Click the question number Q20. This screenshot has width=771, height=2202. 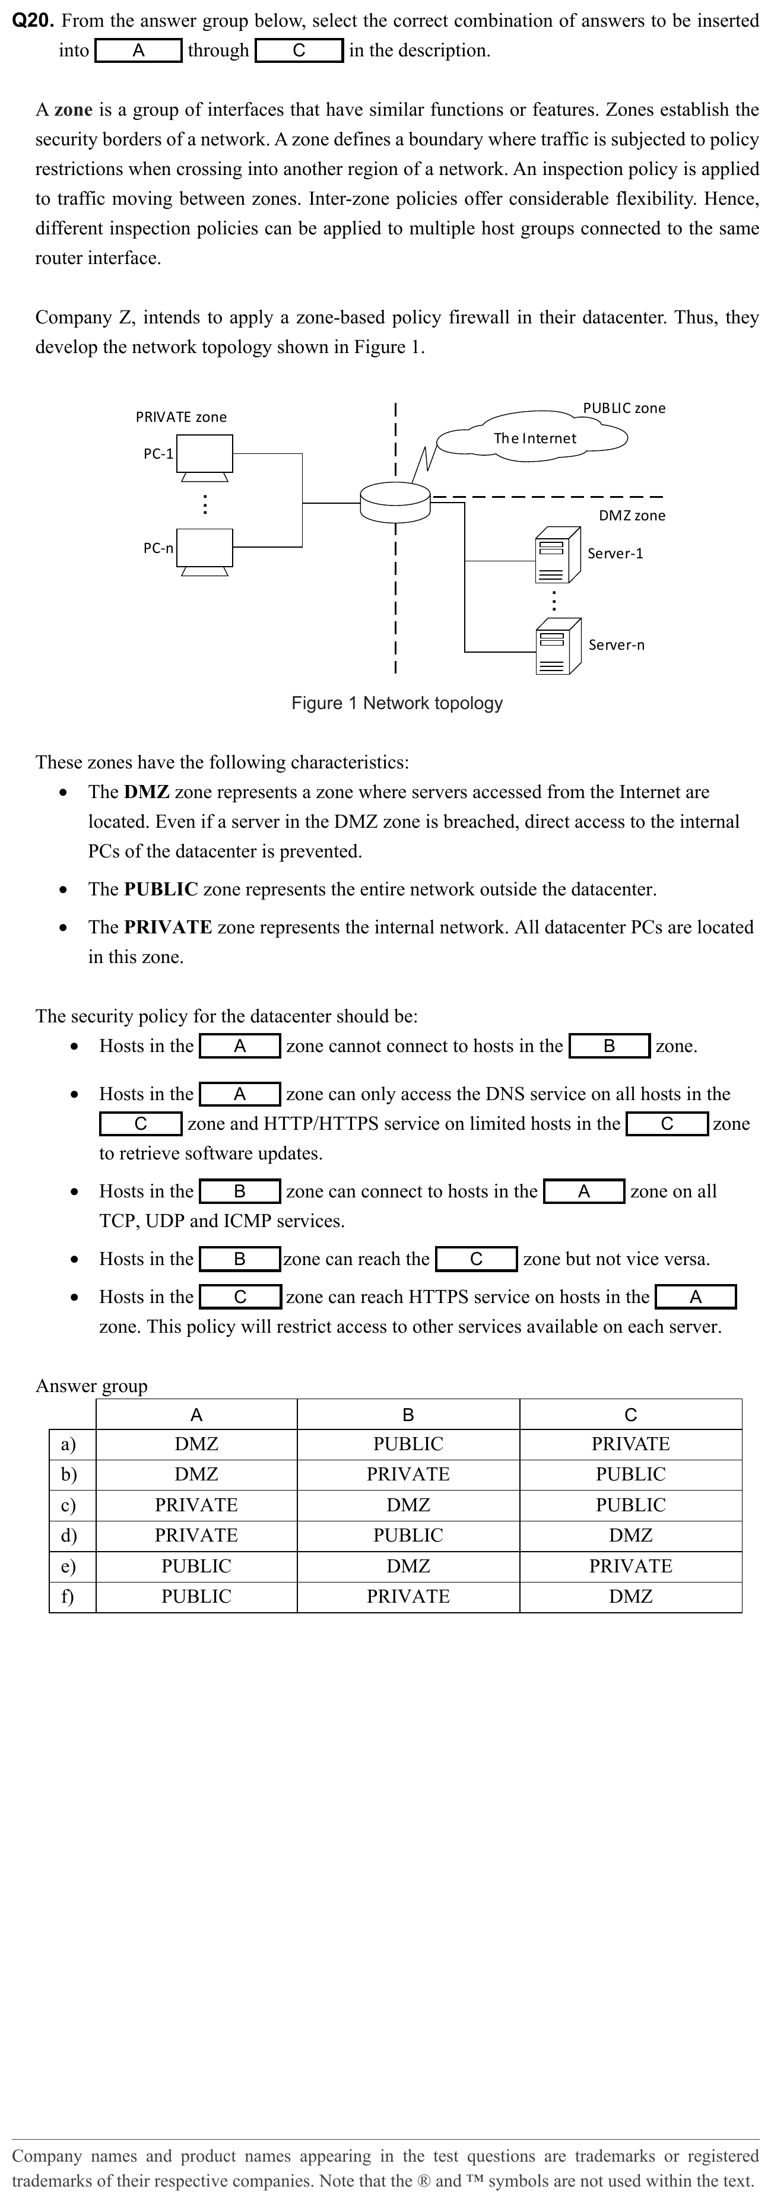tap(33, 21)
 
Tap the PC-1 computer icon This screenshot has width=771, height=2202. tap(205, 456)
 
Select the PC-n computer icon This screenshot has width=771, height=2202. tap(205, 549)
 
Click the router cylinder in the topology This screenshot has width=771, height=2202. tap(395, 502)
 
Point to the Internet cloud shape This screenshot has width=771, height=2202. tap(534, 439)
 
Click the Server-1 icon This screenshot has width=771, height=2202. tap(558, 554)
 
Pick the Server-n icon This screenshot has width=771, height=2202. tap(558, 646)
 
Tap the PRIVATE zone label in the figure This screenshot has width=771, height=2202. tap(181, 417)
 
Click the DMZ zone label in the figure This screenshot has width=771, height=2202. tap(632, 516)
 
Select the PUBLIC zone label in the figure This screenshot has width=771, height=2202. tap(624, 409)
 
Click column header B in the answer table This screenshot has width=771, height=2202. tap(408, 1415)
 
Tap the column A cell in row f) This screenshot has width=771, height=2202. tap(196, 1596)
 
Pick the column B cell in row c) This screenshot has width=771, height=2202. tap(408, 1504)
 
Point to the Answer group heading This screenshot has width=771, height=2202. tap(91, 1386)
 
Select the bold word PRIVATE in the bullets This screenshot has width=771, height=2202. tap(167, 927)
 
